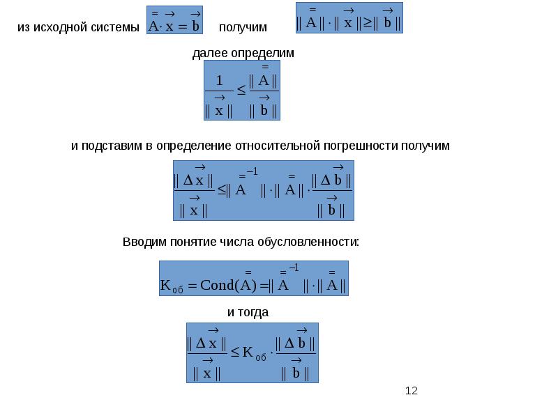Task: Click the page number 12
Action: click(411, 391)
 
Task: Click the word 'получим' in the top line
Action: click(242, 27)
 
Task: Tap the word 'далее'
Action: click(207, 54)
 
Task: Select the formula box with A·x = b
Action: click(174, 21)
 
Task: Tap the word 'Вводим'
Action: click(144, 242)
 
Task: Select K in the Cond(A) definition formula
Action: click(166, 285)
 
